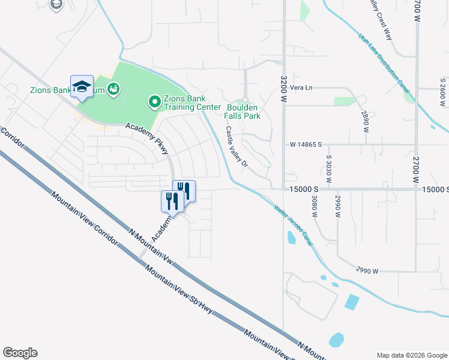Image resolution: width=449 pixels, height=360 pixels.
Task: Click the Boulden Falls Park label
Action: (243, 111)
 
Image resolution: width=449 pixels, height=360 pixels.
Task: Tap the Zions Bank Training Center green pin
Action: (155, 103)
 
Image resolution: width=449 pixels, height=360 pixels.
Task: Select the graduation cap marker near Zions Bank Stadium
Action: (82, 87)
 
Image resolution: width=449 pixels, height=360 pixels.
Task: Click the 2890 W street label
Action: (364, 121)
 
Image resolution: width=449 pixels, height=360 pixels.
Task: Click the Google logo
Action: (20, 353)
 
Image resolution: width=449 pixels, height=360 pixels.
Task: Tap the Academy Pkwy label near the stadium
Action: (147, 139)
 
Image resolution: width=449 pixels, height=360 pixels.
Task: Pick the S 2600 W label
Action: (442, 89)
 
